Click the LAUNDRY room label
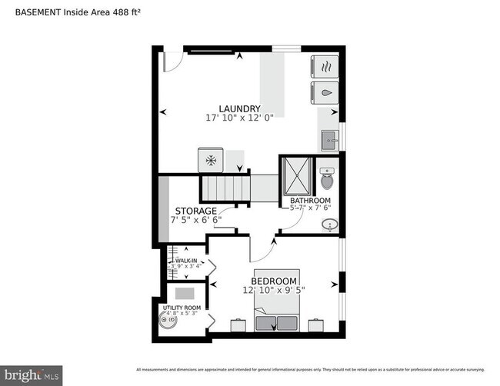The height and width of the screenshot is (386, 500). click(239, 108)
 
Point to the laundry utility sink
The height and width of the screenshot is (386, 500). click(330, 141)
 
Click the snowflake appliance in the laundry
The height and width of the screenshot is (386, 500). click(211, 160)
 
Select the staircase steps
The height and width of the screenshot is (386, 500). click(226, 186)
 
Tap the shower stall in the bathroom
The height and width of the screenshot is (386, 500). click(296, 174)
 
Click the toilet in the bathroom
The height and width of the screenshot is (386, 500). click(327, 179)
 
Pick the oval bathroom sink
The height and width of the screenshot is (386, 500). click(329, 225)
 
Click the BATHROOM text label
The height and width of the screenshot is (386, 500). click(309, 200)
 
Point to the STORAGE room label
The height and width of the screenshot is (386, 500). click(195, 211)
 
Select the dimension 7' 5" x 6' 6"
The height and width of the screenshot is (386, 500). click(195, 220)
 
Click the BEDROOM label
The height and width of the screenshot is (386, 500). click(274, 281)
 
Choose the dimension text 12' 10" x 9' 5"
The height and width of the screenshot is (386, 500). click(274, 291)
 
